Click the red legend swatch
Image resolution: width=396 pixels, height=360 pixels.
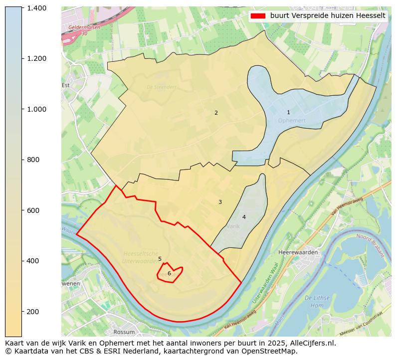258,16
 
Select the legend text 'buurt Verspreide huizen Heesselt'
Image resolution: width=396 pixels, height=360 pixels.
328,16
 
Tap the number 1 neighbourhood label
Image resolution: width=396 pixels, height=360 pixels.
288,113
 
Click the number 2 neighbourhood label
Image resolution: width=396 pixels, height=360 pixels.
216,113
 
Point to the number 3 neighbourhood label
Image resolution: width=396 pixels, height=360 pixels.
220,202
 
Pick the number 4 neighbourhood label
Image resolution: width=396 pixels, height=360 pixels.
244,217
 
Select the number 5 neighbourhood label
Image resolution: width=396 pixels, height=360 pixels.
160,259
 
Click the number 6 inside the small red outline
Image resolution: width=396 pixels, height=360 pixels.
169,273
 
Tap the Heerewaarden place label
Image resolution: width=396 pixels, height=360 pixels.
298,252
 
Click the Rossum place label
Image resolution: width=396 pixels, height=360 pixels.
124,332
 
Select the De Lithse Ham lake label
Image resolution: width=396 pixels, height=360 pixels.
317,301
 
